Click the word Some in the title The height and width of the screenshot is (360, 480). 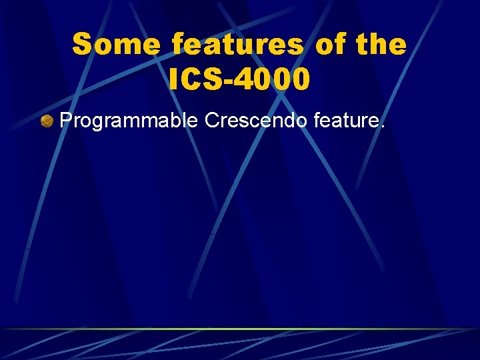[116, 45]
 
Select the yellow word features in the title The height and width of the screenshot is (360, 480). [237, 45]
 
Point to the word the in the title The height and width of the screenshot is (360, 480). [381, 45]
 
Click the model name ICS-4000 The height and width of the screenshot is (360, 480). [239, 80]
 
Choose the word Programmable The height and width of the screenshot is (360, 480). [129, 121]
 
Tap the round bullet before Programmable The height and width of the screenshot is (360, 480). [47, 121]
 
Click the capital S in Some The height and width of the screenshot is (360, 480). [82, 45]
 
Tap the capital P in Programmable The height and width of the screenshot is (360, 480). [66, 121]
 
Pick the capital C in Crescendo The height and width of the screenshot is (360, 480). [213, 121]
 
